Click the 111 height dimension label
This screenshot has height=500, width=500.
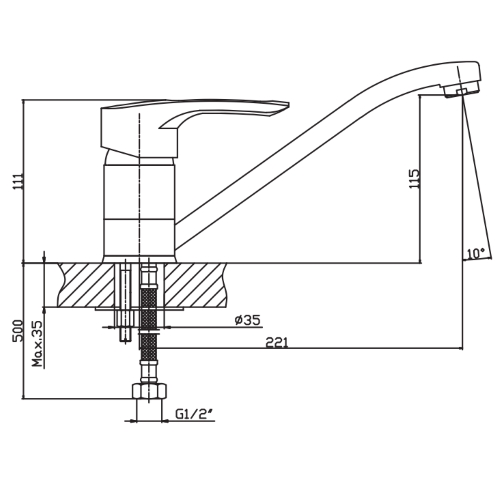(17, 182)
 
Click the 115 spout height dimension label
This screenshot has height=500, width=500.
(414, 179)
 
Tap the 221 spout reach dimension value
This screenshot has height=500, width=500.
(276, 342)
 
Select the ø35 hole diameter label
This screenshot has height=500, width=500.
(247, 320)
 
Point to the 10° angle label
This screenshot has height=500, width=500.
(475, 254)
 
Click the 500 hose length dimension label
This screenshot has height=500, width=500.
(17, 331)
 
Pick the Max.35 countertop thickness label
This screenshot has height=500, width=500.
(38, 344)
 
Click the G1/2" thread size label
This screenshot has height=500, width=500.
(194, 414)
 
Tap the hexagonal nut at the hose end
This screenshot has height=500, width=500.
(149, 391)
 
